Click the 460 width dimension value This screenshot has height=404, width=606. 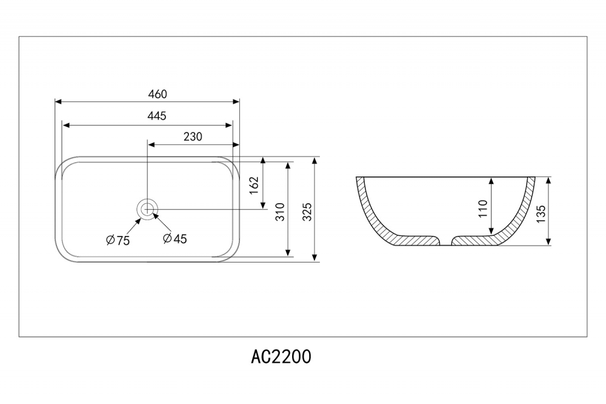pyautogui.click(x=157, y=94)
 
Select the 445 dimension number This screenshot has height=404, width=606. pyautogui.click(x=157, y=116)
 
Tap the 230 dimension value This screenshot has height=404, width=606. pyautogui.click(x=192, y=136)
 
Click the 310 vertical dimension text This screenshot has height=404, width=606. pyautogui.click(x=280, y=210)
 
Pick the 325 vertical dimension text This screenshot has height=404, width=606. pyautogui.click(x=307, y=210)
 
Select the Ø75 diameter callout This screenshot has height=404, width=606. pyautogui.click(x=118, y=240)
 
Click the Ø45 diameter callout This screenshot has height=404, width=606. pyautogui.click(x=175, y=238)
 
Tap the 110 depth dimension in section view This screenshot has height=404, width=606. pyautogui.click(x=482, y=209)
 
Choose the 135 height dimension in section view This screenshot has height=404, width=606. pyautogui.click(x=541, y=212)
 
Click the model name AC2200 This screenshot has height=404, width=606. pyautogui.click(x=281, y=356)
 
